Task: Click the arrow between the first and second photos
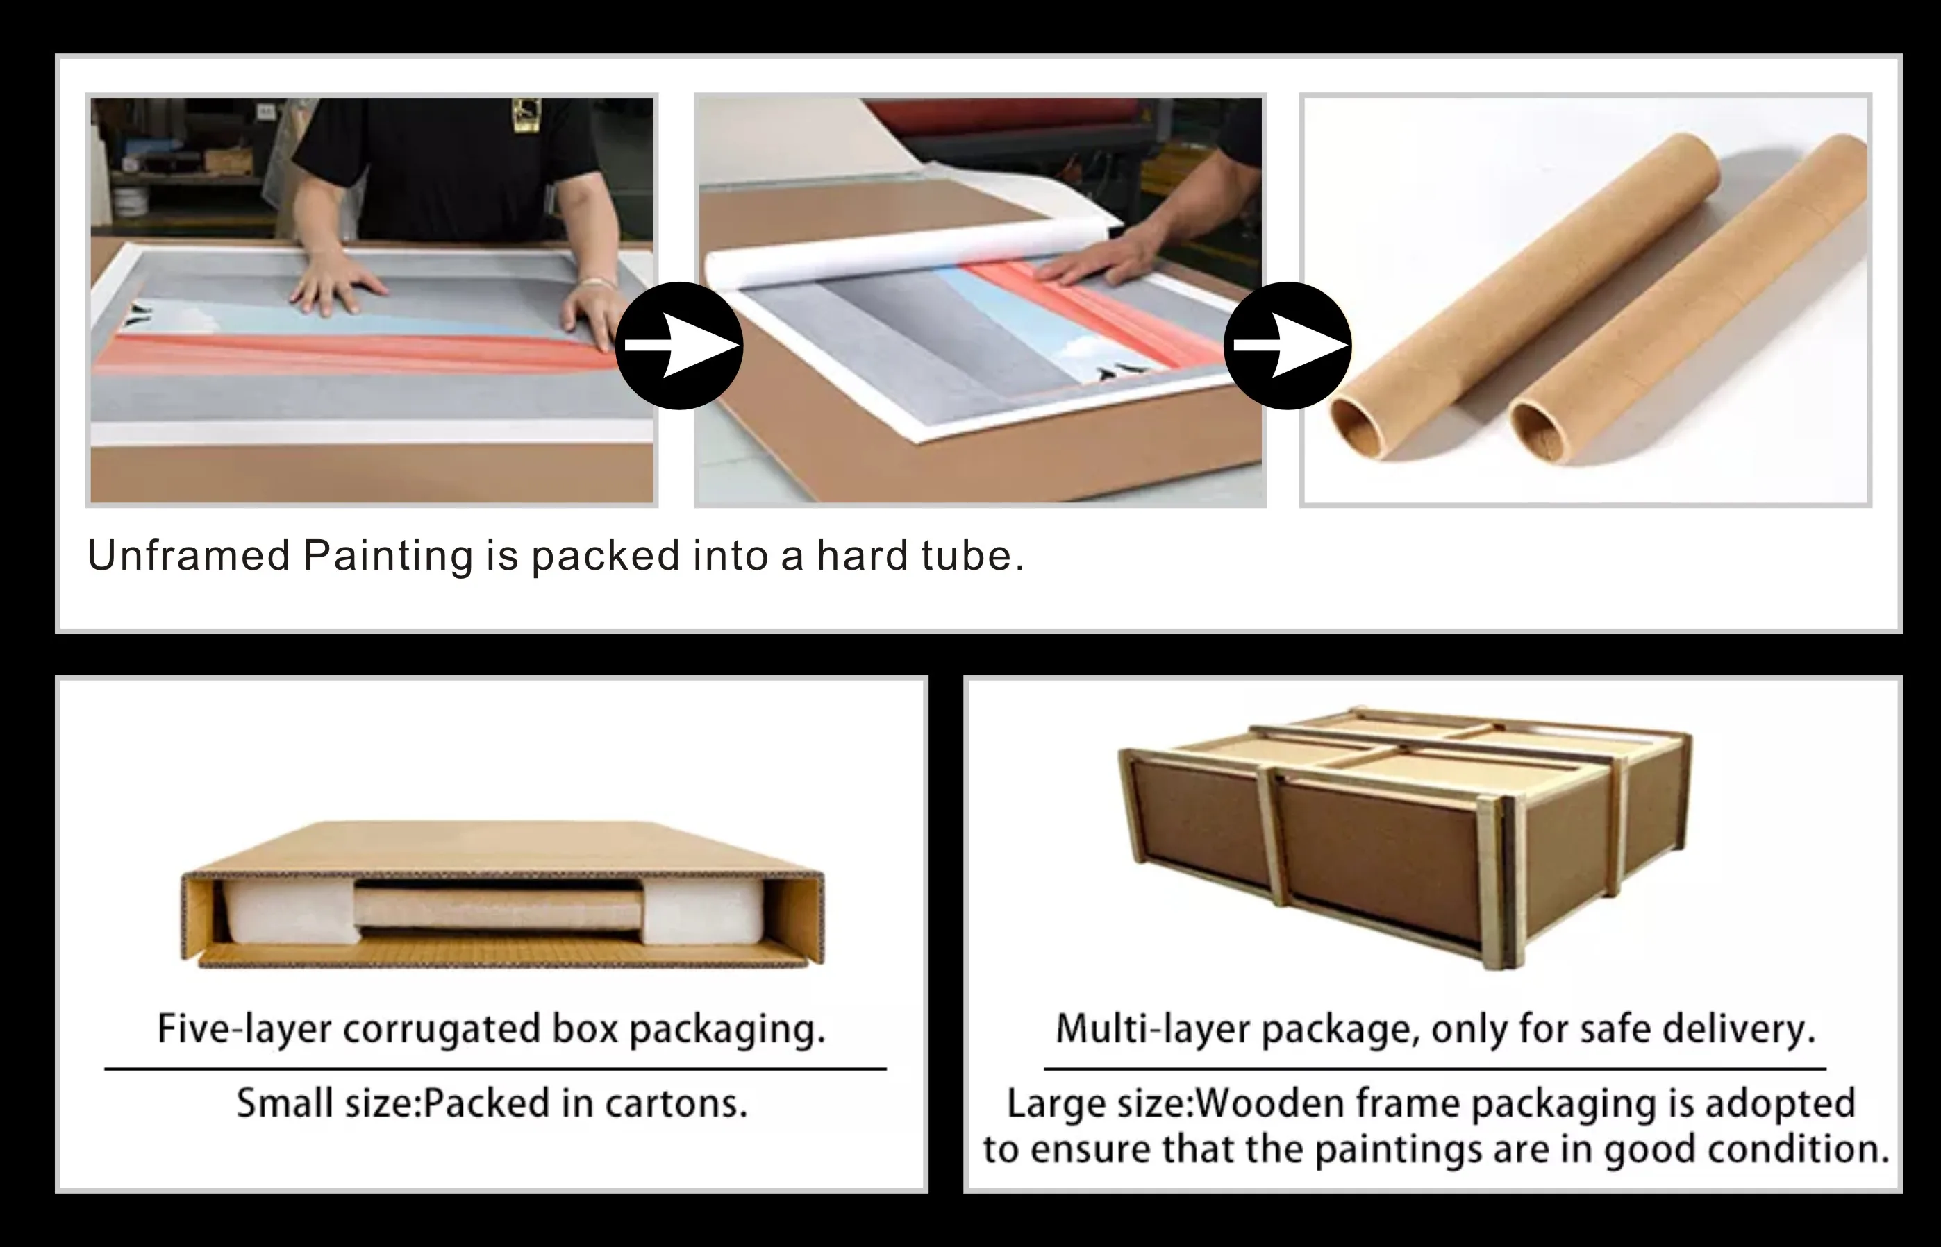pos(679,346)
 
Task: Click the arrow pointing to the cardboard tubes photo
pos(1288,346)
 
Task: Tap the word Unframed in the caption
pos(189,555)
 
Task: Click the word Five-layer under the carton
pos(244,1028)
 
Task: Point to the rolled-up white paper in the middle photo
pos(911,253)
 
